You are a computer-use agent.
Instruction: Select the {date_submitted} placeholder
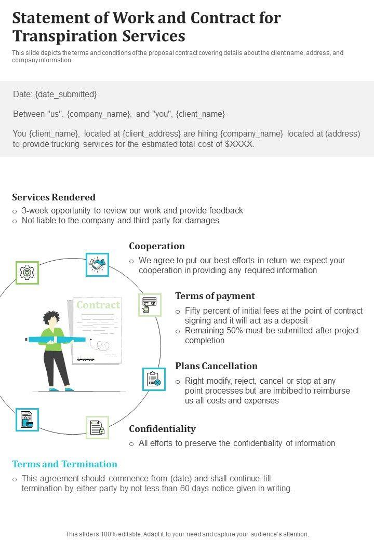66,95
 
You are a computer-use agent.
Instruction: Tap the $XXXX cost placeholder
239,144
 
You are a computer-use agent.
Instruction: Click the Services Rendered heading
54,197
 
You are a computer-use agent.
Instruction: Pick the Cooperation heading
157,246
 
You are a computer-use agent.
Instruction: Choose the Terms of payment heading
215,296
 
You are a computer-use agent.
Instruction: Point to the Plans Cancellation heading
216,366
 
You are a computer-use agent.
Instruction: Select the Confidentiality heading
162,429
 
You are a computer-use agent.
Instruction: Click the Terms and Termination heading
64,464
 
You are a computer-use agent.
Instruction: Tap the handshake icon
97,264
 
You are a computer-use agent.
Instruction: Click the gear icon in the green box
26,272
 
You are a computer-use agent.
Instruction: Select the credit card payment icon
150,304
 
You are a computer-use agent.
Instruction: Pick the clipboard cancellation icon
154,379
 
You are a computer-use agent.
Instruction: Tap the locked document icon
97,428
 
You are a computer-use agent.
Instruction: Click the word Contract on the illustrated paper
98,305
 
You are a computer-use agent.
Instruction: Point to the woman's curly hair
51,316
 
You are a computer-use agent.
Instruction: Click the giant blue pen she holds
57,340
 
